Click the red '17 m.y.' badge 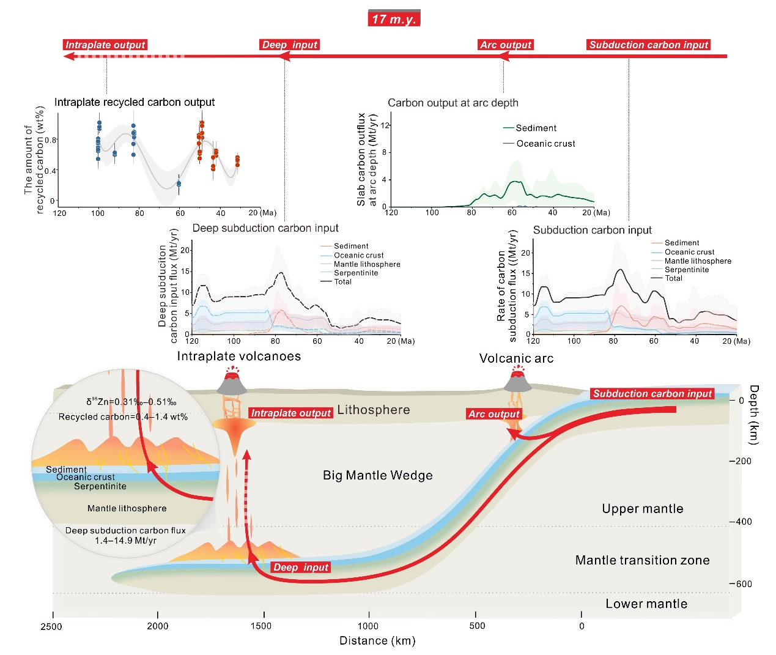[394, 18]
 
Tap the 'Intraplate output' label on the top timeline [105, 45]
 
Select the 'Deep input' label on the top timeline [290, 45]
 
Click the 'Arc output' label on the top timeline [506, 45]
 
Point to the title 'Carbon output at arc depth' [453, 103]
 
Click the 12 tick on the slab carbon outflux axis [385, 125]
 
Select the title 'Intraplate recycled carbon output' [135, 102]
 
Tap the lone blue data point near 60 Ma [179, 183]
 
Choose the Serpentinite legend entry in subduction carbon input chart [686, 270]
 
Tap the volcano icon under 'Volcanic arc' [517, 380]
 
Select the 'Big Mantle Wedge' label [377, 475]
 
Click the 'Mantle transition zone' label [642, 560]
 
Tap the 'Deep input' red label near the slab [301, 568]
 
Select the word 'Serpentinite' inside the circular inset [100, 486]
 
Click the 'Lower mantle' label [646, 604]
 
